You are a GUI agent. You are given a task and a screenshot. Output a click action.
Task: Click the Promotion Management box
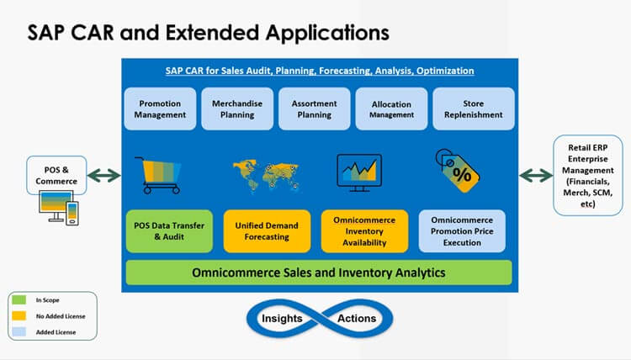(x=160, y=109)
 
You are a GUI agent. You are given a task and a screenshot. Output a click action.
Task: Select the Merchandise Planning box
(x=237, y=109)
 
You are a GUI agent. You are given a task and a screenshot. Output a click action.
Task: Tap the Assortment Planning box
(x=315, y=109)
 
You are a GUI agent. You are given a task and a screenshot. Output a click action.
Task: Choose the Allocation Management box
(x=391, y=109)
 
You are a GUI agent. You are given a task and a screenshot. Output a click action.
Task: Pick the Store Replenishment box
(x=473, y=109)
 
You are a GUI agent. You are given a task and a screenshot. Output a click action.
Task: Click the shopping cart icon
(x=158, y=176)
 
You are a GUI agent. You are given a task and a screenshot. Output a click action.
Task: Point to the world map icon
(x=266, y=176)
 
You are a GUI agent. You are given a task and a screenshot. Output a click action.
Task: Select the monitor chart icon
(x=359, y=173)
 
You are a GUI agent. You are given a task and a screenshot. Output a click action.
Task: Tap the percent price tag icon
(x=458, y=171)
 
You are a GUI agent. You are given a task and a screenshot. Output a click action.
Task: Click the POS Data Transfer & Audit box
(x=169, y=231)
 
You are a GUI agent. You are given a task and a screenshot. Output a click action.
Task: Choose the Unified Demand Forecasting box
(x=267, y=231)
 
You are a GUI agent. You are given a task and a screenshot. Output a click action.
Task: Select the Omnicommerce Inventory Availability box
(x=364, y=231)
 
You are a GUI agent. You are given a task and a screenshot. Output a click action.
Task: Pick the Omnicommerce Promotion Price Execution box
(x=462, y=231)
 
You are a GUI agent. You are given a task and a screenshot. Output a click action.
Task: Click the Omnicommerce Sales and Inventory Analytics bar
(x=319, y=273)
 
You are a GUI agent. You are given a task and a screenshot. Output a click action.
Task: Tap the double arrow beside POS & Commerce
(x=103, y=176)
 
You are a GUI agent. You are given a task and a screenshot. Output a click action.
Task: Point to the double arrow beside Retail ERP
(x=536, y=176)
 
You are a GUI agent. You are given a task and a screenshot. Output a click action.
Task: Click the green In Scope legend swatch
(x=19, y=299)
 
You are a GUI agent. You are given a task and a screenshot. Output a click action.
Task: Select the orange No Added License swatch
(x=19, y=315)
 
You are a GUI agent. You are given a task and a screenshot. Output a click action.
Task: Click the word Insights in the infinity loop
(x=282, y=319)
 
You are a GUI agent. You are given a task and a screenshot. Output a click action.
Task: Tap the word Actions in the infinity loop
(x=357, y=319)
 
